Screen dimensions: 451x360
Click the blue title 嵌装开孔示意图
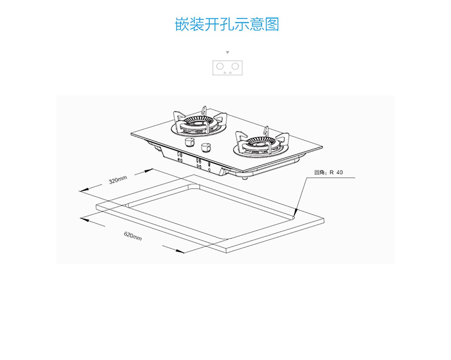[227, 24]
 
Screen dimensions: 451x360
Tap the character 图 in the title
[272, 24]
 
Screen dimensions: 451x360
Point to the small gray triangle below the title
[227, 52]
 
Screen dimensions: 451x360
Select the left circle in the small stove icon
[220, 66]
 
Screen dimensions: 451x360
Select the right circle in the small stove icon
[235, 66]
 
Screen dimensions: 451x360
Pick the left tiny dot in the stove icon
[225, 73]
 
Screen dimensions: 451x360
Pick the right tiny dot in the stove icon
[230, 73]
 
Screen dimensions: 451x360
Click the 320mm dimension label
[118, 180]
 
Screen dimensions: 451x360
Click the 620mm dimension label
[133, 236]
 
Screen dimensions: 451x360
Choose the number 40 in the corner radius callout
[339, 172]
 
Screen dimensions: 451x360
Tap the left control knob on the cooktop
[190, 143]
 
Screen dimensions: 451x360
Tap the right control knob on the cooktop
[206, 147]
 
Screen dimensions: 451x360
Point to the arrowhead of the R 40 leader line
[295, 211]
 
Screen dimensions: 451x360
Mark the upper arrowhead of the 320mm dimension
[148, 171]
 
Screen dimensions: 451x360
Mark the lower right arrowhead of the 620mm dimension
[180, 251]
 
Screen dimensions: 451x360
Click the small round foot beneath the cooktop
[244, 178]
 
